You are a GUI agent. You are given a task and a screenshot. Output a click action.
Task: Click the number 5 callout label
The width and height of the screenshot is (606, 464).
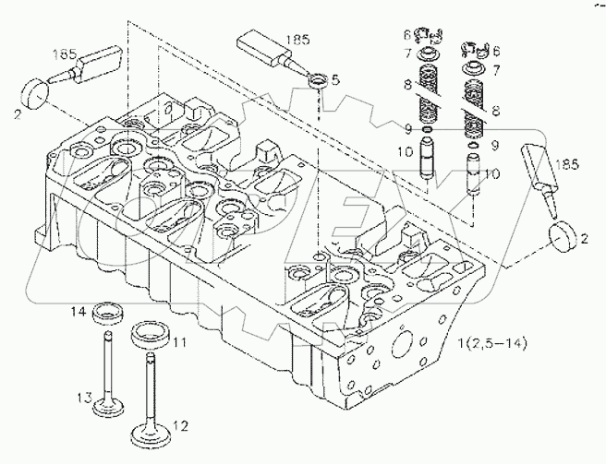(x=335, y=80)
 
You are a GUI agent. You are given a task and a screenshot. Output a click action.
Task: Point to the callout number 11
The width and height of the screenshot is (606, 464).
(x=179, y=342)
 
